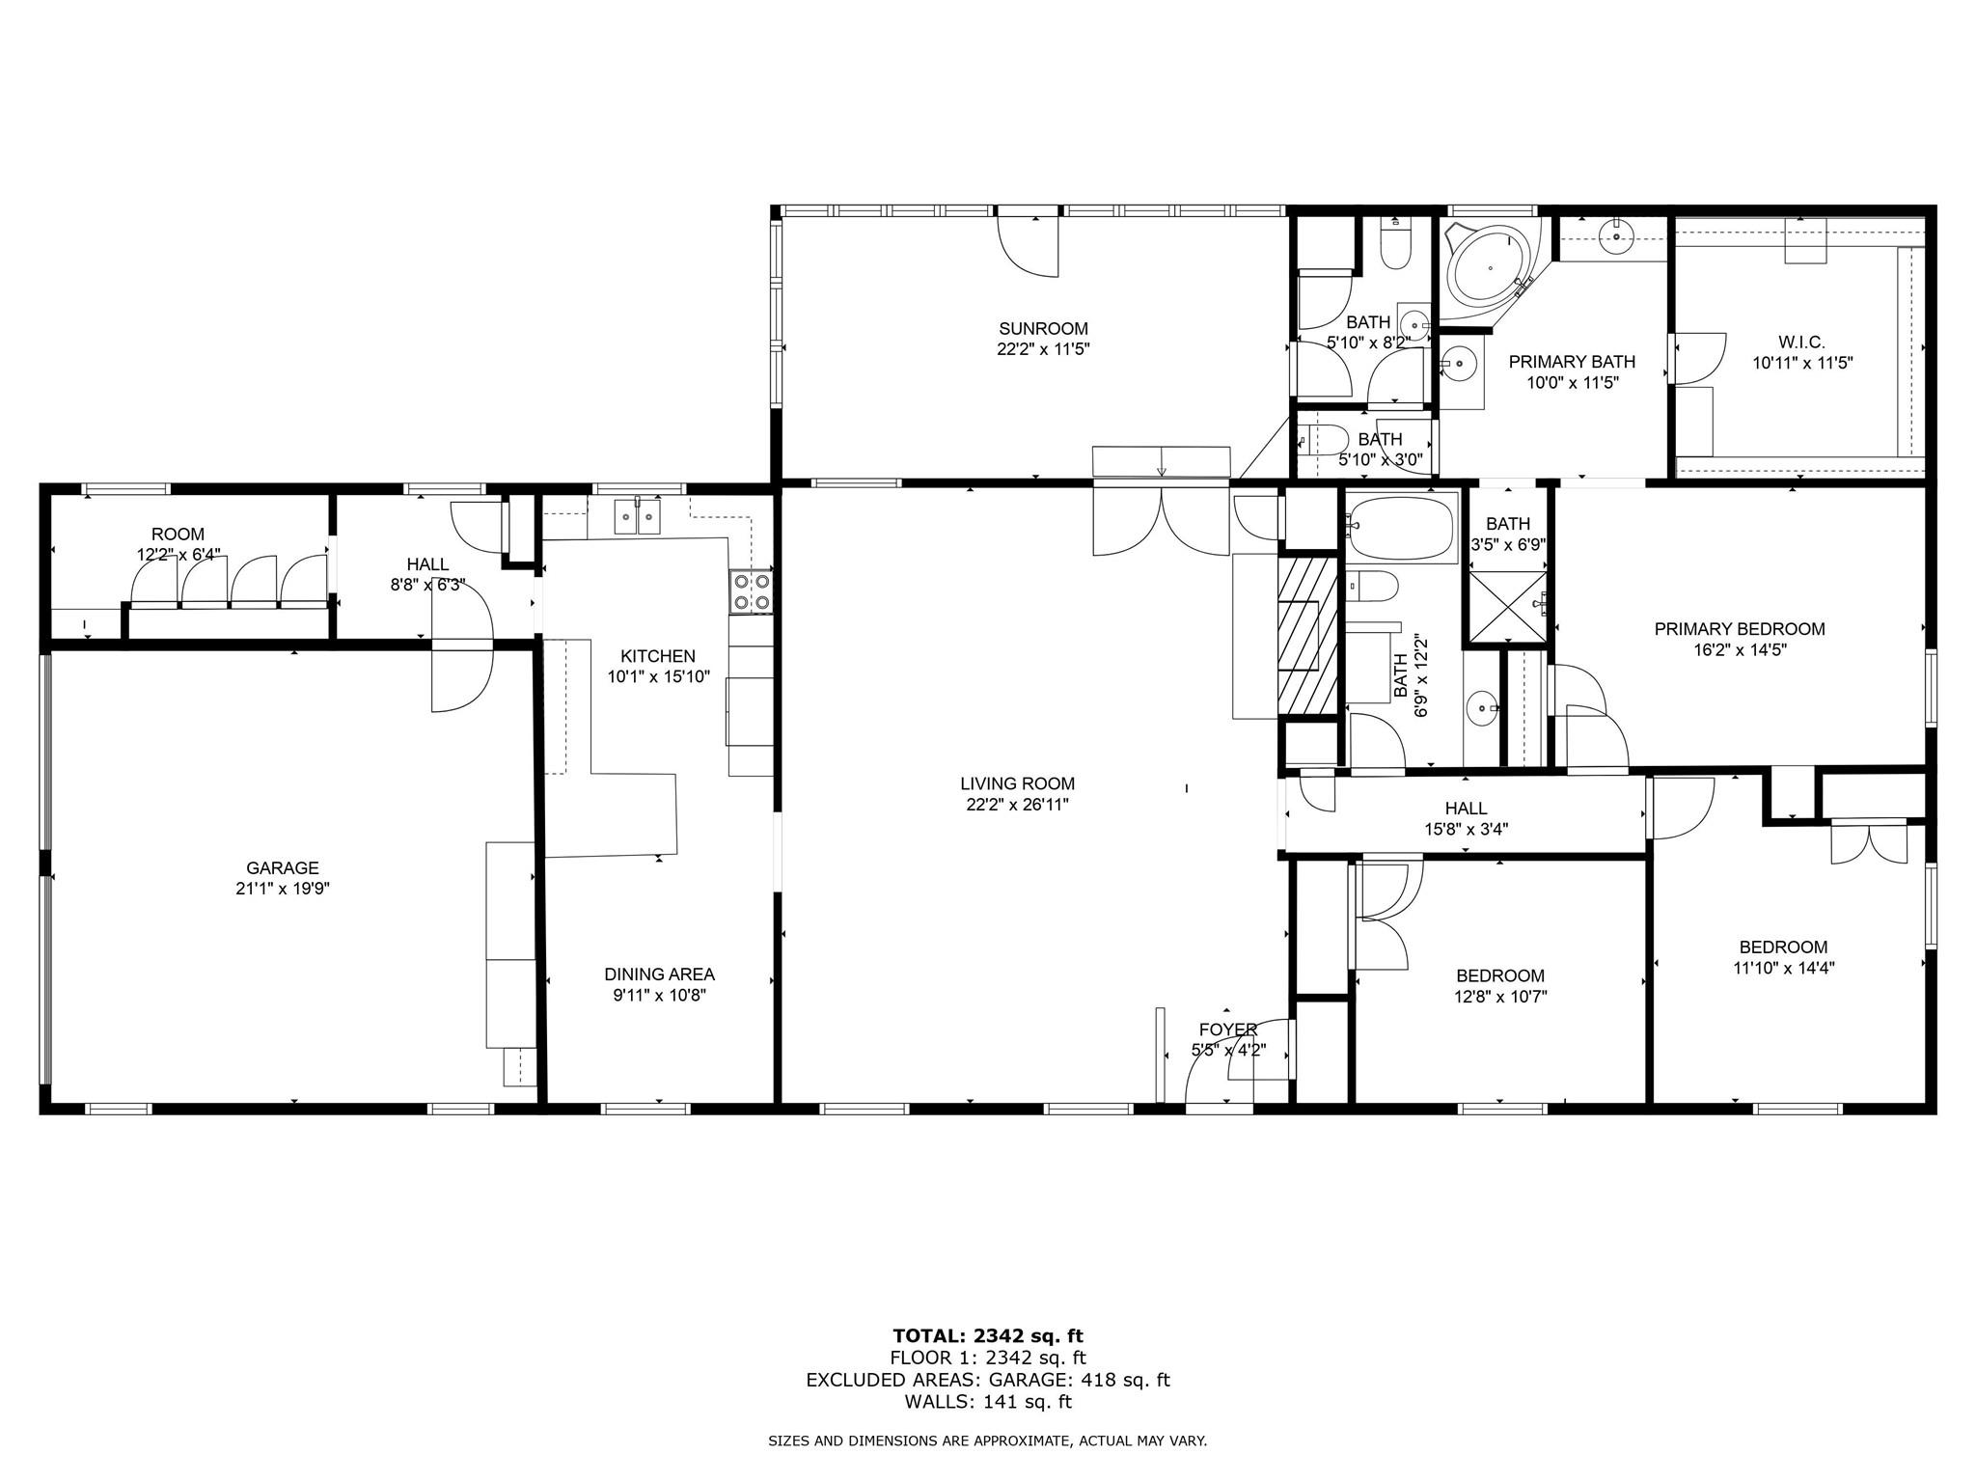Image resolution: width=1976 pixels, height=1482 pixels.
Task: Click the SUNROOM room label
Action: (x=1043, y=329)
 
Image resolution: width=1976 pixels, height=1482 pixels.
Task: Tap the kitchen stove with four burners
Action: (x=752, y=591)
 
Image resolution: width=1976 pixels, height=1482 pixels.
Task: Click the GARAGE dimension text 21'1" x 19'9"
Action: (x=282, y=889)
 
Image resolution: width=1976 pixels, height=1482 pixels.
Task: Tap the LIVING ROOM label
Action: (x=1017, y=783)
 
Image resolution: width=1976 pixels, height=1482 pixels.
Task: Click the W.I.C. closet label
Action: (x=1801, y=343)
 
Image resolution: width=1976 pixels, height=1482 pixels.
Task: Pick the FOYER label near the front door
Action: (x=1227, y=1029)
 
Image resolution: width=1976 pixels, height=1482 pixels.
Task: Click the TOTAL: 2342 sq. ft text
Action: (x=987, y=1335)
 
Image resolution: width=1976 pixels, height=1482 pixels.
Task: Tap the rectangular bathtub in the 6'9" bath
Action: (x=1401, y=529)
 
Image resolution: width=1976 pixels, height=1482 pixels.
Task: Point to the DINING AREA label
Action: (x=659, y=974)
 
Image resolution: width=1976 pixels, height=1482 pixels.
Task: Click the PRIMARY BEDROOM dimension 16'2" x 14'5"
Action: (x=1739, y=650)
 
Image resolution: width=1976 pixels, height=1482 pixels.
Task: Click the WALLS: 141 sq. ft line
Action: (x=987, y=1402)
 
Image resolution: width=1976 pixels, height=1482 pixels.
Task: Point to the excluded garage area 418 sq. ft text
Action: (x=987, y=1380)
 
